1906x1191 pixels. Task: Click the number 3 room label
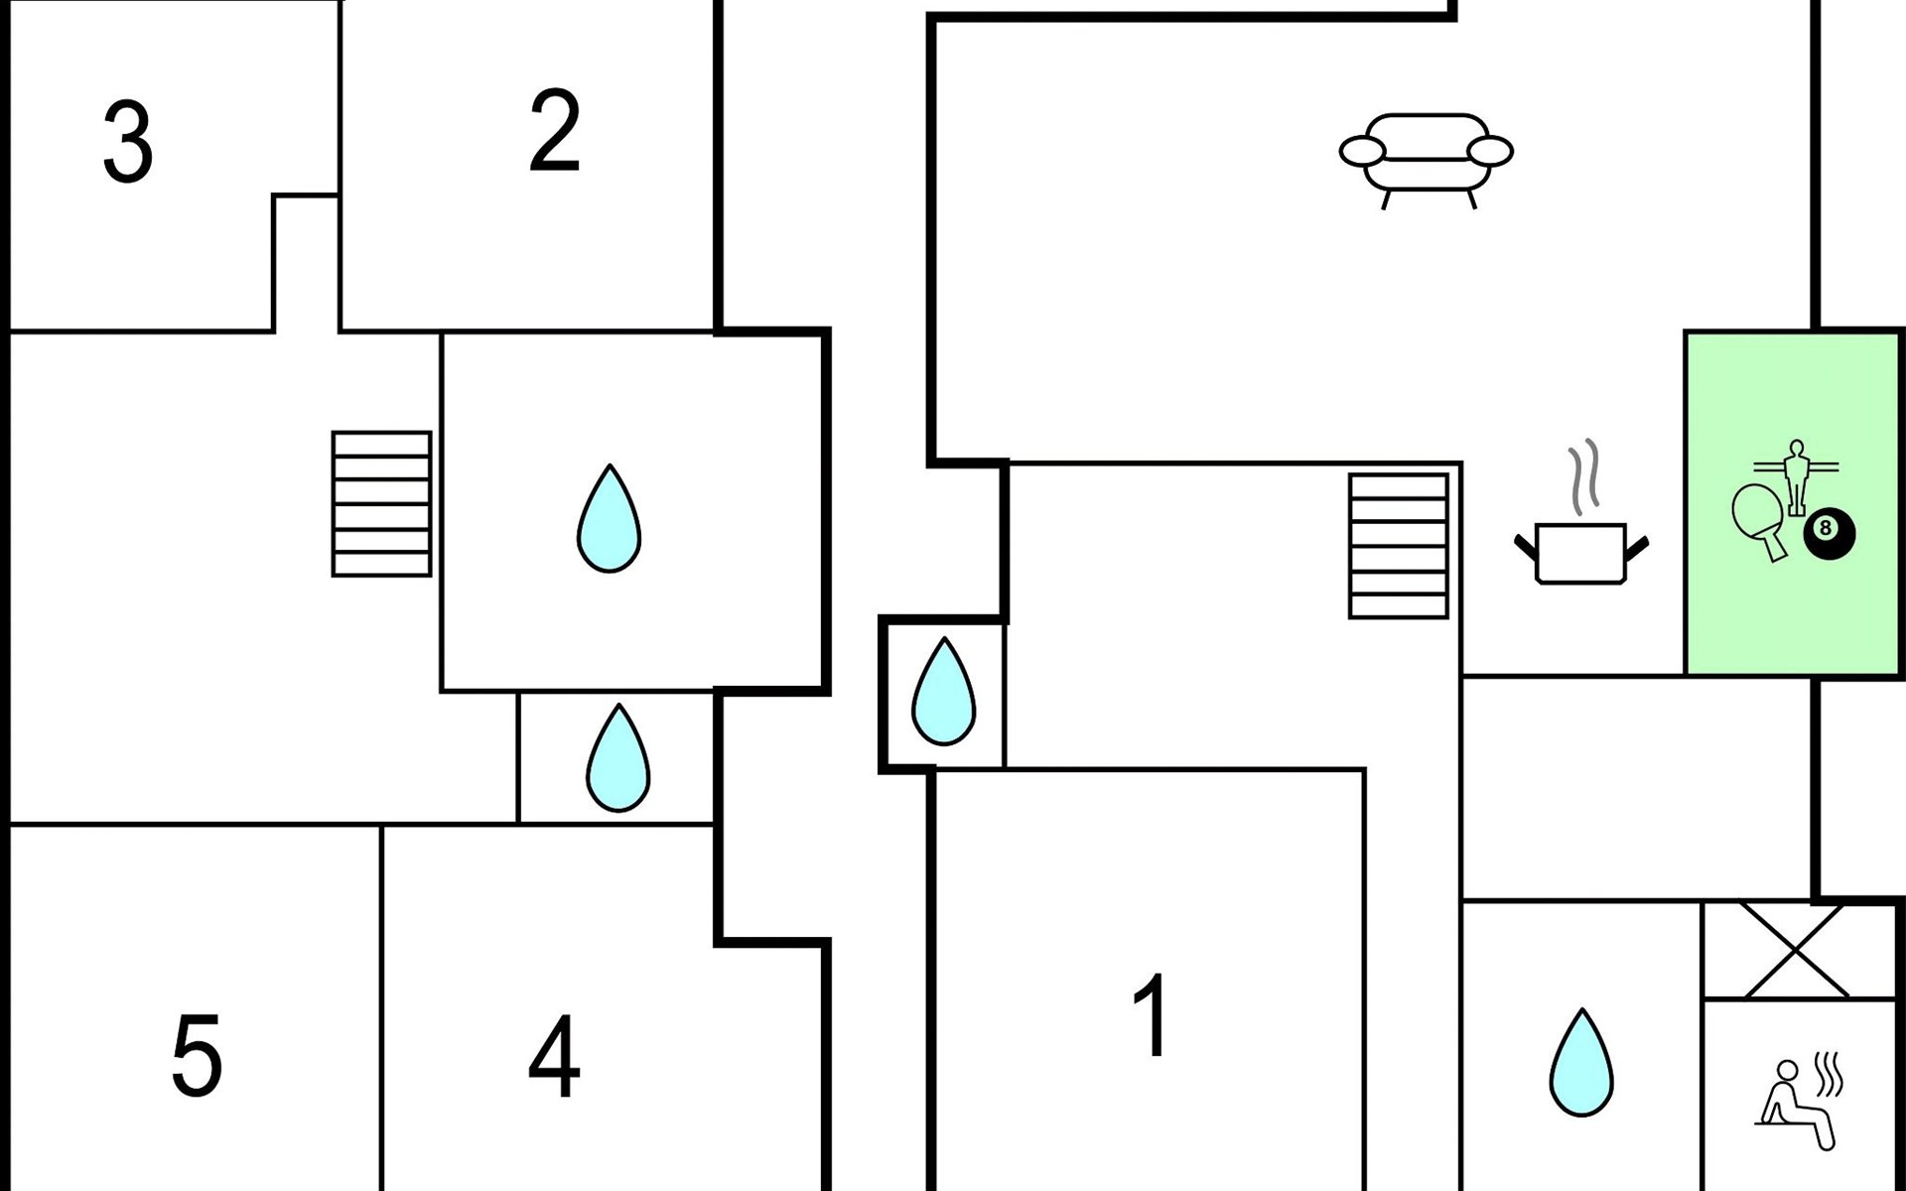[x=128, y=143]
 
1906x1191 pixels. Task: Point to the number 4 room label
[x=554, y=1056]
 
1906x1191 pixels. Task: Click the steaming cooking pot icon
[x=1580, y=552]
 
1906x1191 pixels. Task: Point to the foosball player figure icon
[x=1795, y=476]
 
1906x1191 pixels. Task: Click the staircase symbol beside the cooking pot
[x=1398, y=546]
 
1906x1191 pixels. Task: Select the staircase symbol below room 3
[x=381, y=503]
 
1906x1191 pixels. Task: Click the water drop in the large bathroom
[x=610, y=518]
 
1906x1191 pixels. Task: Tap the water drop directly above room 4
[x=617, y=758]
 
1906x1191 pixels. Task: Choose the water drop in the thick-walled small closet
[x=943, y=692]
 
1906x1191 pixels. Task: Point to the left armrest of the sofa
[x=1361, y=152]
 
